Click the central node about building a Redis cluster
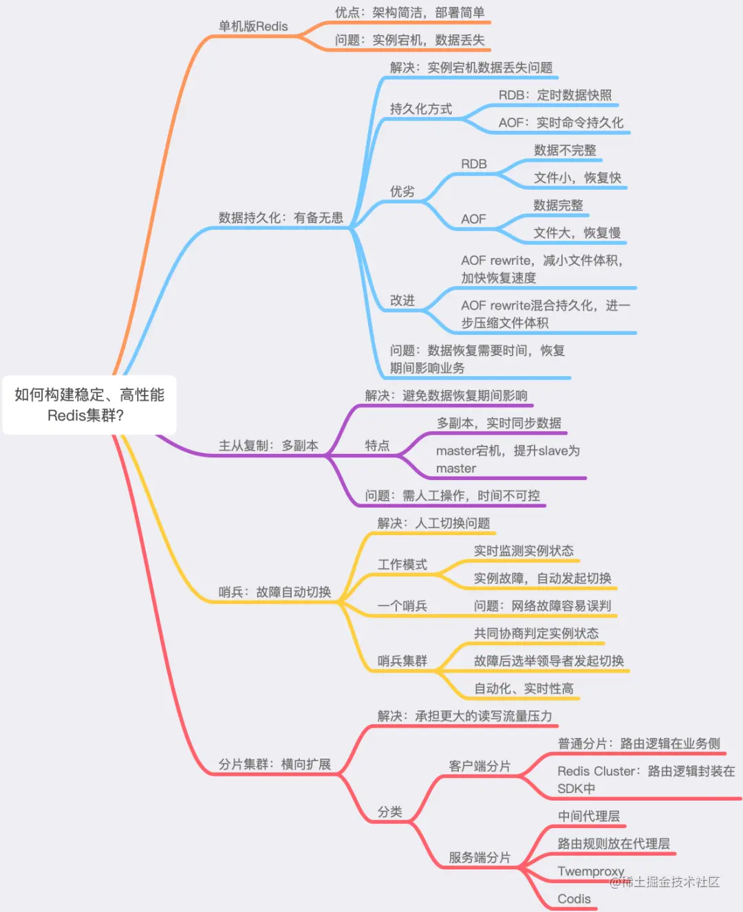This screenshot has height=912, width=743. pyautogui.click(x=89, y=404)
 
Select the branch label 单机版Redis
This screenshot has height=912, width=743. pyautogui.click(x=253, y=27)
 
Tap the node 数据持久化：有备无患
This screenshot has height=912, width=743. pyautogui.click(x=281, y=218)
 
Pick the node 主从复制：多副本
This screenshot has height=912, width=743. pyautogui.click(x=268, y=446)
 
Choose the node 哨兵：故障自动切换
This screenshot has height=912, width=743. pyautogui.click(x=274, y=592)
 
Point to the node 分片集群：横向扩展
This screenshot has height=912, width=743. pyautogui.click(x=274, y=764)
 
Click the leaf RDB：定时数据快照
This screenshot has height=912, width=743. pyautogui.click(x=555, y=96)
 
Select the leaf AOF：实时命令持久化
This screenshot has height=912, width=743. pyautogui.click(x=561, y=123)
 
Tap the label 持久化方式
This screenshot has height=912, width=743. pyautogui.click(x=421, y=109)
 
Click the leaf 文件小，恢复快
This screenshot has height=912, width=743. pyautogui.click(x=577, y=178)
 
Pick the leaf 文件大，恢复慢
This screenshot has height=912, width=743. pyautogui.click(x=577, y=233)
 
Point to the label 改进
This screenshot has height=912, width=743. pyautogui.click(x=402, y=301)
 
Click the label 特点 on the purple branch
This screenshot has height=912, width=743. pyautogui.click(x=377, y=446)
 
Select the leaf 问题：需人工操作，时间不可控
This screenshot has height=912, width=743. pyautogui.click(x=452, y=496)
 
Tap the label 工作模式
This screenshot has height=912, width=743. pyautogui.click(x=402, y=565)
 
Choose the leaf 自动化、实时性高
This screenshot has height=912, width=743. pyautogui.click(x=524, y=688)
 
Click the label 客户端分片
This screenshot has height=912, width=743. pyautogui.click(x=480, y=766)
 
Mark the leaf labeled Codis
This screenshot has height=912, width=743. pyautogui.click(x=574, y=899)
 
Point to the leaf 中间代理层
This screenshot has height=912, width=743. pyautogui.click(x=588, y=816)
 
